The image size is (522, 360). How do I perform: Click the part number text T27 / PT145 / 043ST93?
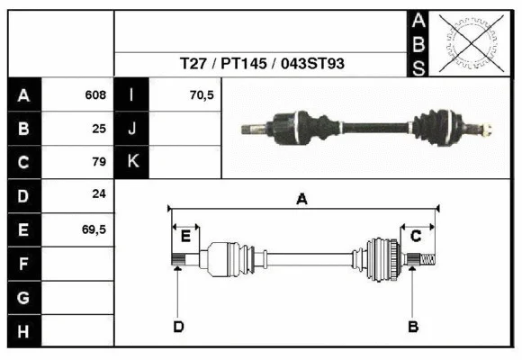point(261,65)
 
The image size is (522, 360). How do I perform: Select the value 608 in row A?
point(95,95)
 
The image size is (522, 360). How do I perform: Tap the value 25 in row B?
point(99,129)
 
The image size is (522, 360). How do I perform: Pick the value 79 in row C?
point(99,163)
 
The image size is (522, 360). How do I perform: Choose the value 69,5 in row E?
point(94,229)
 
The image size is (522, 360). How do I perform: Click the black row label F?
point(23,263)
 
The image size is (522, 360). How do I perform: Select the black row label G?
point(23,296)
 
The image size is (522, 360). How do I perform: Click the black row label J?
point(132,129)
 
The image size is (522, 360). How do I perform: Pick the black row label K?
point(132,162)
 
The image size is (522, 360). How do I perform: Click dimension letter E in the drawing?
point(185,237)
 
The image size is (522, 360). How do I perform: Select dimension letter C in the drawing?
point(417,236)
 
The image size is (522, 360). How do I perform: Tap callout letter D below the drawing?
point(178,326)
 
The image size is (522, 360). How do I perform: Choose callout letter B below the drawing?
point(413,326)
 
